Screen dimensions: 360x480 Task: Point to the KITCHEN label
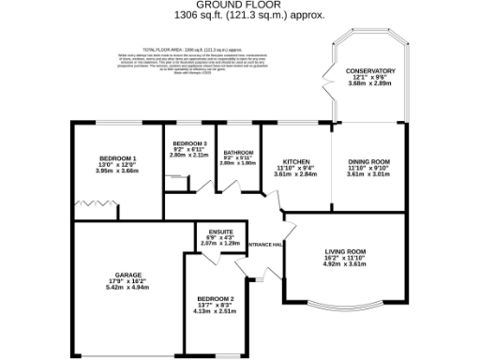pyautogui.click(x=296, y=161)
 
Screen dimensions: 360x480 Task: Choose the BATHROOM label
pyautogui.click(x=237, y=151)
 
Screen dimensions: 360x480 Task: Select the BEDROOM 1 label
pyautogui.click(x=120, y=158)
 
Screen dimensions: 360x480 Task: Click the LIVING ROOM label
pyautogui.click(x=343, y=251)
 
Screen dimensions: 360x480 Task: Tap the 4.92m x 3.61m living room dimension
pyautogui.click(x=343, y=265)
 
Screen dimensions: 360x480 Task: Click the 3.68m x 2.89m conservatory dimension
pyautogui.click(x=367, y=84)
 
